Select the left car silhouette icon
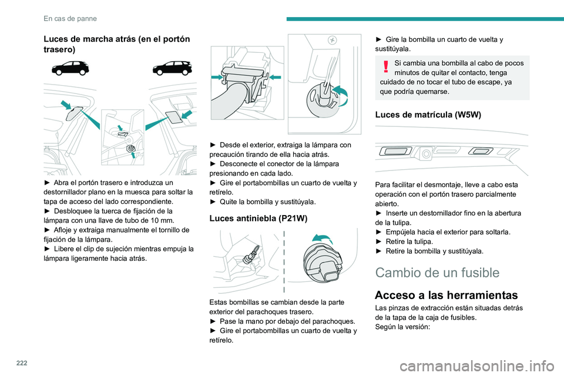(70, 68)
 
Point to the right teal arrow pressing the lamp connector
(274, 77)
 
